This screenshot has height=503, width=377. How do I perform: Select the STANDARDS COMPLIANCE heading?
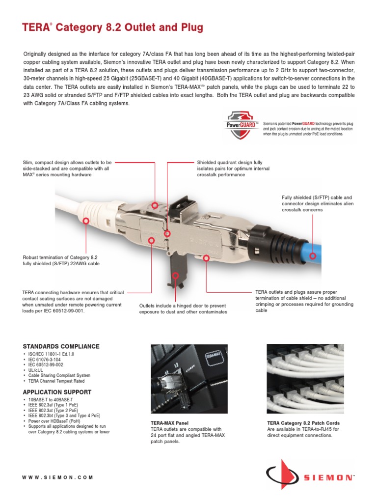tap(61, 346)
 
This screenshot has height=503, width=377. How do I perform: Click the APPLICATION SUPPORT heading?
tap(57, 392)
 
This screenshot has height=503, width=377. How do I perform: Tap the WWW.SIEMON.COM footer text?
tap(57, 477)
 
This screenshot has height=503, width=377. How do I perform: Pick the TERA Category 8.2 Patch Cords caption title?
tap(303, 423)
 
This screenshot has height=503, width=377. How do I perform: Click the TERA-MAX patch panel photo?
tap(189, 379)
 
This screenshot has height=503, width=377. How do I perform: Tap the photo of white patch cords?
tap(304, 379)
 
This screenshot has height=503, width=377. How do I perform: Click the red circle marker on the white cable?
tap(86, 221)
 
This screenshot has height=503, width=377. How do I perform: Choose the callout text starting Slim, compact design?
tap(67, 168)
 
